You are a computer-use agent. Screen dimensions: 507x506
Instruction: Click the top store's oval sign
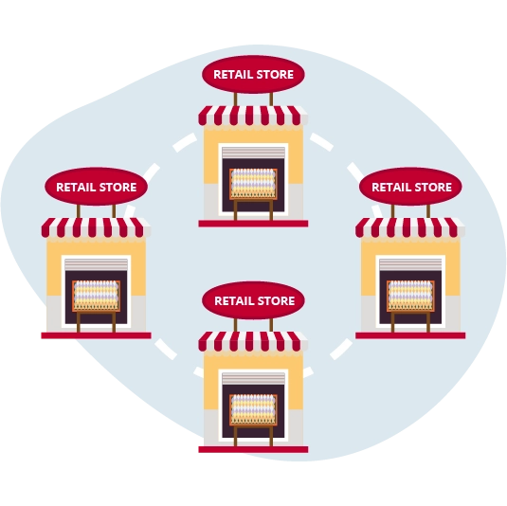click(x=253, y=74)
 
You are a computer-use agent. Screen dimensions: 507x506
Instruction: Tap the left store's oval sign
click(x=96, y=187)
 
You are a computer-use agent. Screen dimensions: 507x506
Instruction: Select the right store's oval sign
click(x=410, y=187)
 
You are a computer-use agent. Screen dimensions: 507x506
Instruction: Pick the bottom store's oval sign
click(x=253, y=300)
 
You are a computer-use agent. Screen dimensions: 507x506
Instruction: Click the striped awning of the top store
click(x=253, y=116)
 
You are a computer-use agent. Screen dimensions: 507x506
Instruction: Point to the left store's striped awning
click(x=96, y=227)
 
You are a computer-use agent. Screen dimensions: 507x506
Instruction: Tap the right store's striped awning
click(x=410, y=227)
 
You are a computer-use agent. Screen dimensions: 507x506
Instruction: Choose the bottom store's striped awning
click(x=253, y=341)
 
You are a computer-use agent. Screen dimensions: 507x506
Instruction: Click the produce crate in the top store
click(x=253, y=184)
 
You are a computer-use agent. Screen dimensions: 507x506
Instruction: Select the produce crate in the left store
click(x=96, y=296)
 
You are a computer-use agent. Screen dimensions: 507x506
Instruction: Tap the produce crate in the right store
click(x=410, y=296)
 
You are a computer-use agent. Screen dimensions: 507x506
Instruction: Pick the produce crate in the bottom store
click(x=253, y=409)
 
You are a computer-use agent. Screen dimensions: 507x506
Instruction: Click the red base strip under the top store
click(x=253, y=224)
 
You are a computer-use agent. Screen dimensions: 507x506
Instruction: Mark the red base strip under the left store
click(x=96, y=335)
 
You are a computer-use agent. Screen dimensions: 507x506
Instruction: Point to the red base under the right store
click(x=410, y=335)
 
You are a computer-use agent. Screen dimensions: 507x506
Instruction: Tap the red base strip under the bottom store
click(x=253, y=449)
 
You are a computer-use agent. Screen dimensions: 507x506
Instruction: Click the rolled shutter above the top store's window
click(x=254, y=153)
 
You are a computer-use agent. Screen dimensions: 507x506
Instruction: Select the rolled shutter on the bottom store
click(x=254, y=379)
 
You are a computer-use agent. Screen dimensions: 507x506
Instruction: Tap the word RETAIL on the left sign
click(x=75, y=188)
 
